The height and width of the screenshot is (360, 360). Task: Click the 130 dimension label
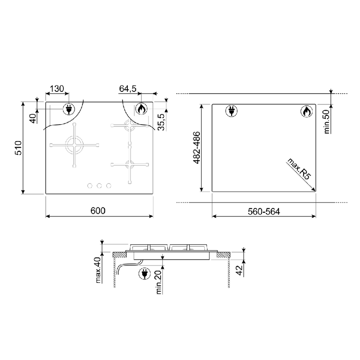(x=57, y=89)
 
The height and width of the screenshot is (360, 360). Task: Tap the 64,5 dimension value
(x=128, y=89)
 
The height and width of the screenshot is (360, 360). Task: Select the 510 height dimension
(x=18, y=148)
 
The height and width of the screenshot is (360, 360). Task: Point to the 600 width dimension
(x=98, y=211)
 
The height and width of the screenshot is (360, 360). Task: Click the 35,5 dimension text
(x=162, y=122)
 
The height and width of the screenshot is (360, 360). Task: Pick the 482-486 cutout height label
(x=197, y=148)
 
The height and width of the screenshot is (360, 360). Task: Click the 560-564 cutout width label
(x=264, y=211)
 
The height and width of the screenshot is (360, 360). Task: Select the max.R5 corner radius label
(x=299, y=169)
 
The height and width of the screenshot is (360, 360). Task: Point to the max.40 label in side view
(x=98, y=270)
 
